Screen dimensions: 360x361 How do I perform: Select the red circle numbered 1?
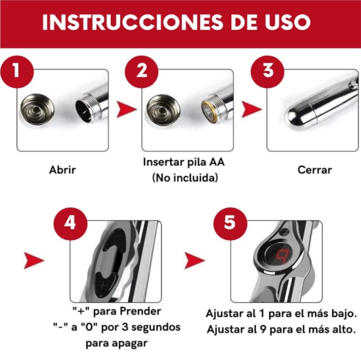click(16, 70)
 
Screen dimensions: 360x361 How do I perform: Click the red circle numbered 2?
click(141, 70)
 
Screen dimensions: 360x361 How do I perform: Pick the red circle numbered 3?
click(268, 70)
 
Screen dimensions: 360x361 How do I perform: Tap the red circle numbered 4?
click(70, 222)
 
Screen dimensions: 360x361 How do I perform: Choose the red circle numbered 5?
click(230, 222)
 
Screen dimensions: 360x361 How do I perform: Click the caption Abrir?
click(63, 170)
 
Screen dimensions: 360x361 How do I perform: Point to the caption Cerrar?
click(315, 170)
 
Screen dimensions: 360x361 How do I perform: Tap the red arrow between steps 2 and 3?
click(251, 110)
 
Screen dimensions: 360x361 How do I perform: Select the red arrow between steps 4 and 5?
click(194, 260)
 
